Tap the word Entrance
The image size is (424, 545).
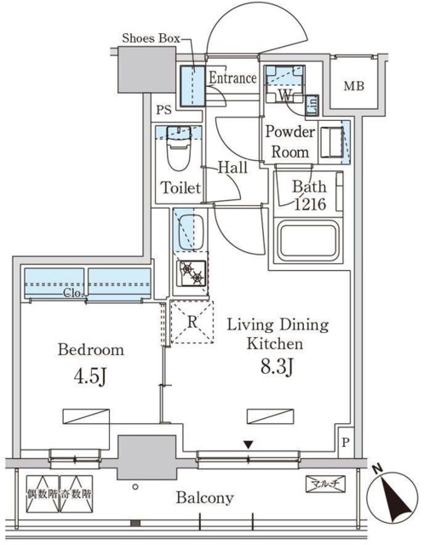[232, 78]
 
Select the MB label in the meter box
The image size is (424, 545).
[354, 86]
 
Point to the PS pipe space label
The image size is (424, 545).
[163, 110]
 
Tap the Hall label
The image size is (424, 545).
[232, 169]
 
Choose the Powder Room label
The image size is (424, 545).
[290, 141]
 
